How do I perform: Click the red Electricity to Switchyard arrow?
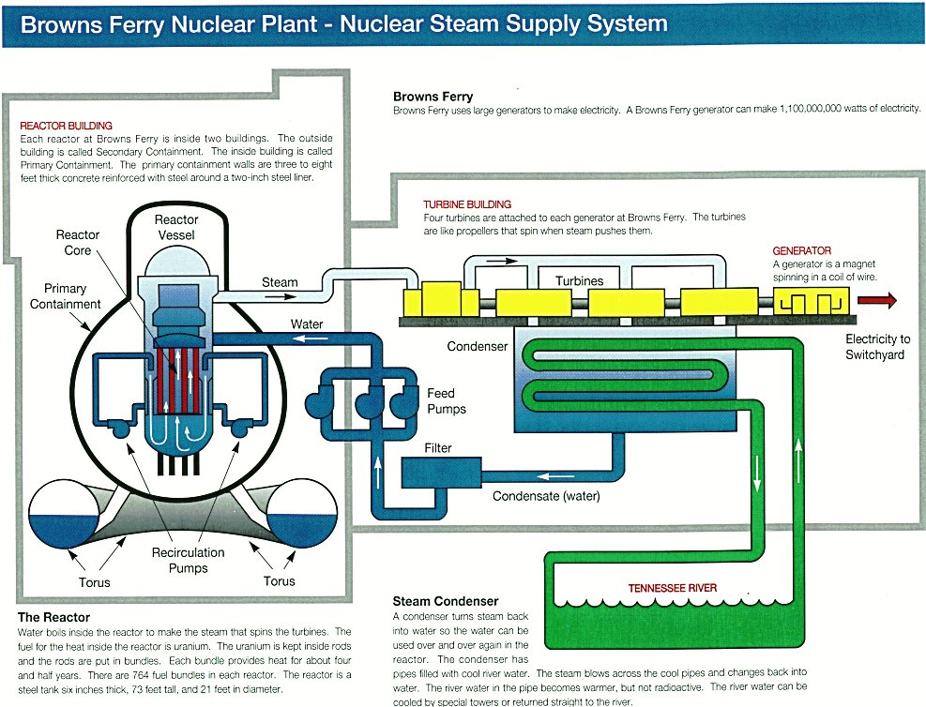pos(877,300)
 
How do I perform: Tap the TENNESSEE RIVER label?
pos(672,588)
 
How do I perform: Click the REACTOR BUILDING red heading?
pos(66,126)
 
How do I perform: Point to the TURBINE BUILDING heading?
pos(467,204)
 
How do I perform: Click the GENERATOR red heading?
pos(801,250)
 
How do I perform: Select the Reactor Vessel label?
pos(176,227)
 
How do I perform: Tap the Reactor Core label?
pos(77,243)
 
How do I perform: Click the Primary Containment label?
pos(65,296)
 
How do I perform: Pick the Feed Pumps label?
pos(447,401)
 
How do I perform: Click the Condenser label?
pos(478,346)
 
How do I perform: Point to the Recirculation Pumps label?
pos(188,560)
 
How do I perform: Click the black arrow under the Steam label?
pos(280,295)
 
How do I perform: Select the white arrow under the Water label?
pos(311,338)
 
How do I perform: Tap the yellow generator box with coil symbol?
pos(811,302)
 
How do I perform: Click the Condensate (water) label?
pos(546,496)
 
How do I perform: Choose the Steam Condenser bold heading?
pos(446,601)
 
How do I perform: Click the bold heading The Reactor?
pos(53,617)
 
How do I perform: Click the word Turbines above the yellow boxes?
pos(579,281)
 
